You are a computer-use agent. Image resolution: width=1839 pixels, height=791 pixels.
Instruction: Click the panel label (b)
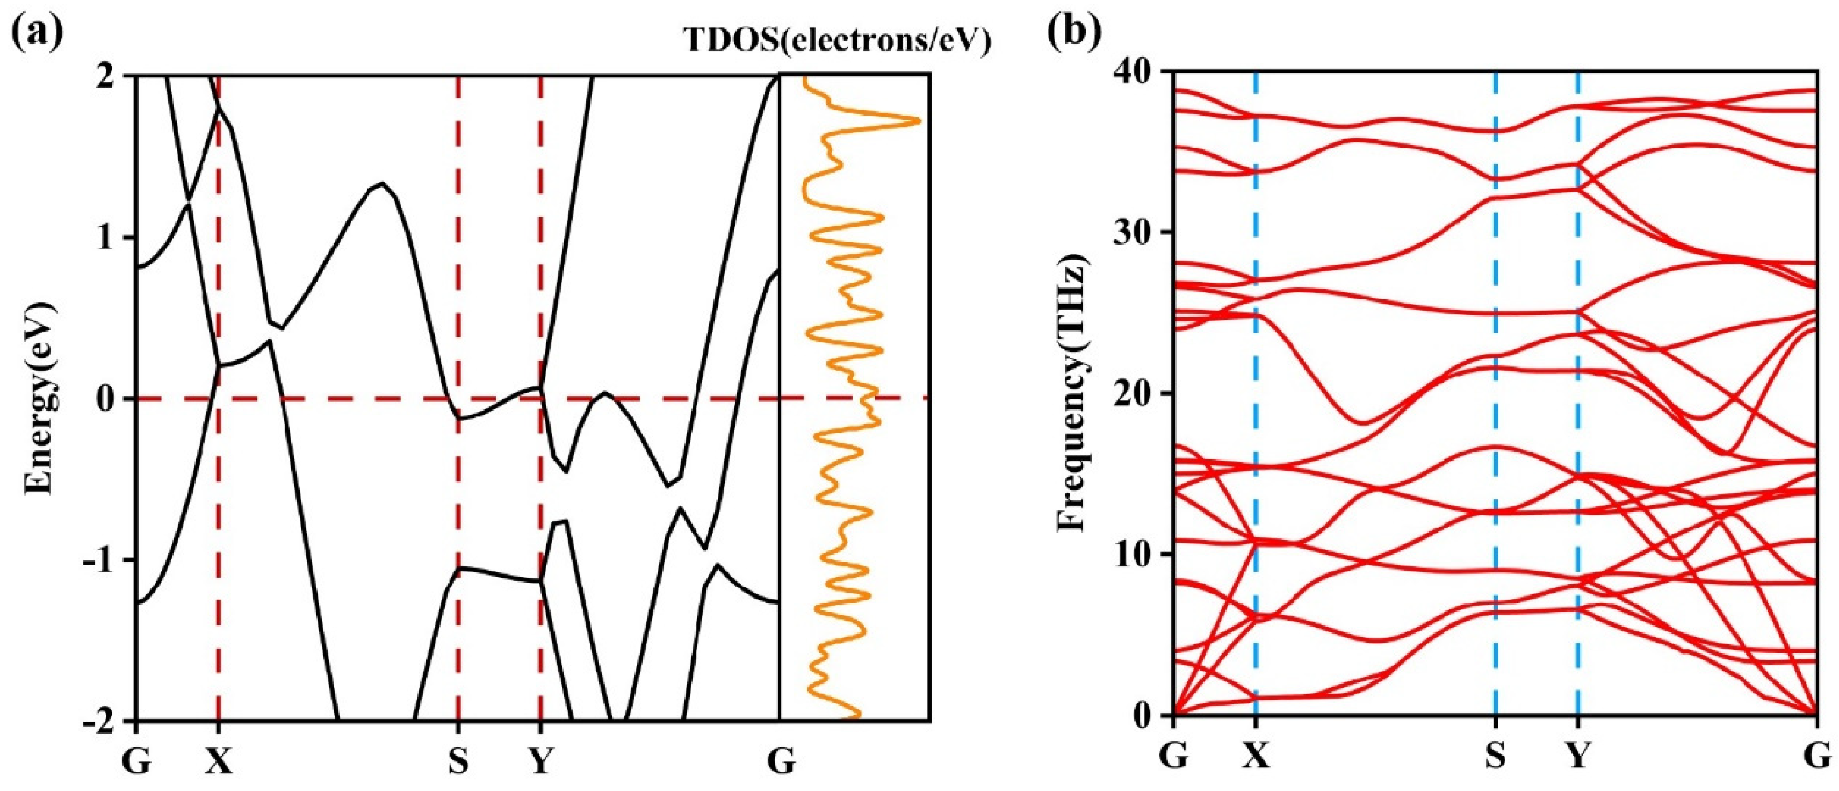(1074, 30)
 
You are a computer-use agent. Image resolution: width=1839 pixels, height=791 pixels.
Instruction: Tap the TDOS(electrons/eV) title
(838, 41)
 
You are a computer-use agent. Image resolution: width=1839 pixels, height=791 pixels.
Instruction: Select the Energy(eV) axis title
(40, 397)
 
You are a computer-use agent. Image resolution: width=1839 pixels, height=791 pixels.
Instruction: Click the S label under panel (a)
(458, 763)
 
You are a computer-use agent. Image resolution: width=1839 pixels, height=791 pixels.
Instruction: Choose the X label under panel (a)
(219, 763)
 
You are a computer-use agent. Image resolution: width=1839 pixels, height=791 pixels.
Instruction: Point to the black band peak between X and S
(384, 183)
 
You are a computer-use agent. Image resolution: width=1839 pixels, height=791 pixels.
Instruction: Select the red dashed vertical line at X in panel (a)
(218, 464)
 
